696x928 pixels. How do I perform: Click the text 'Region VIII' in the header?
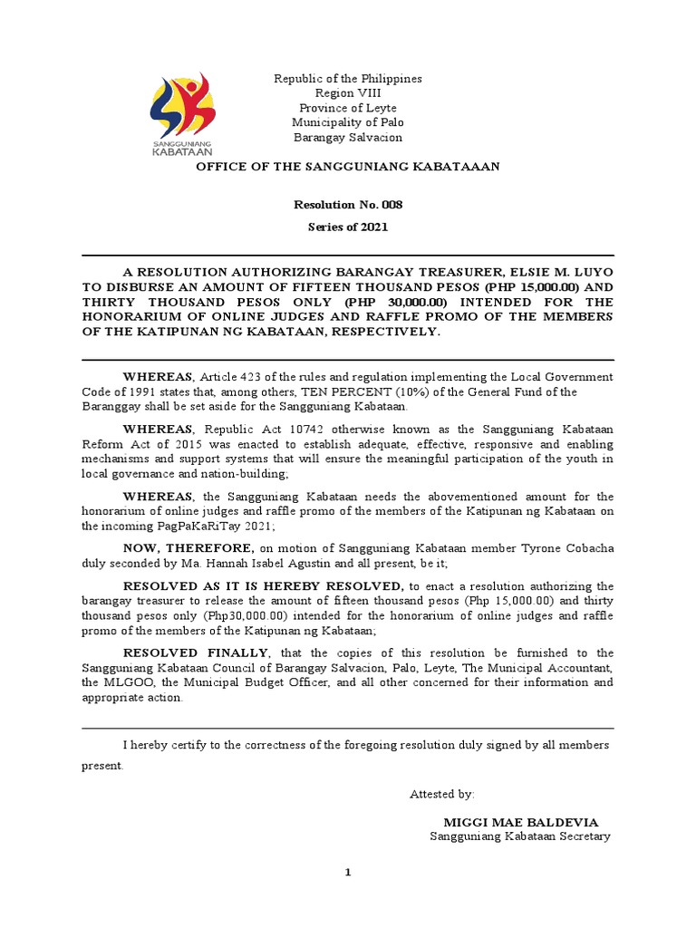348,93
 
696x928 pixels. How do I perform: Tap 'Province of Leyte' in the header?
348,108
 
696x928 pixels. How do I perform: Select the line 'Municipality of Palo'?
348,122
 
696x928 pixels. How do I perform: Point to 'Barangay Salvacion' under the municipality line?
348,137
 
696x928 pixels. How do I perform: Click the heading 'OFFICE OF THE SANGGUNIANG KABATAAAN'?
348,167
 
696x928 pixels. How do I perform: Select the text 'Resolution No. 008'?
348,205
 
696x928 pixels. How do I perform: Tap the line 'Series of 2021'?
348,227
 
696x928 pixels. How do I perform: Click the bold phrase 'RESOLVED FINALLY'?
195,652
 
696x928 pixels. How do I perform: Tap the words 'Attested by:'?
441,794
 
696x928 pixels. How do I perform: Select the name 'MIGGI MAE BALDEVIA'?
514,822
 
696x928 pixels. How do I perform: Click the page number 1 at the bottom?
348,872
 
